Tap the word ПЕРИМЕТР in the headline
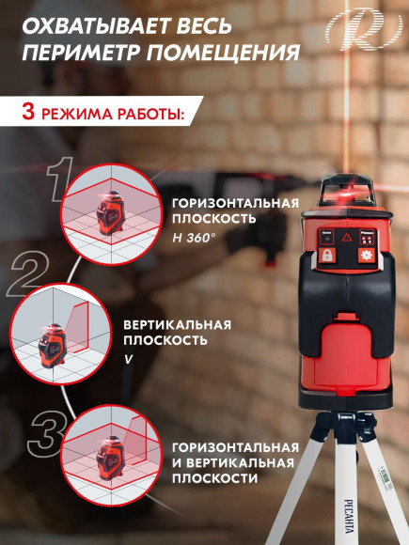(x=85, y=52)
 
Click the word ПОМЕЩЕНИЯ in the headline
(x=231, y=52)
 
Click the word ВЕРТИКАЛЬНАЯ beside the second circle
(x=177, y=323)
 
